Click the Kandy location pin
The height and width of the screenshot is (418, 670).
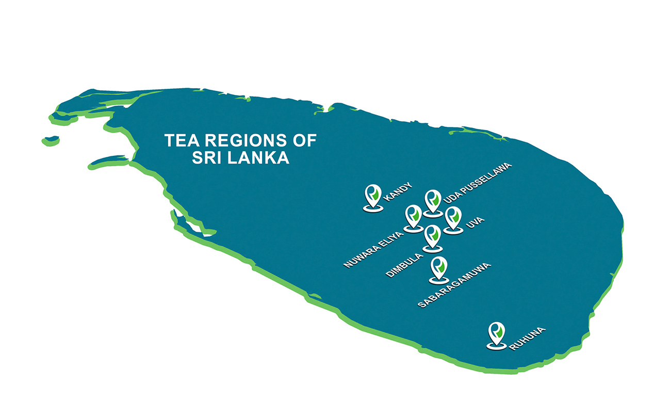click(372, 196)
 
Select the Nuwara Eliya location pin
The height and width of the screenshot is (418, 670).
click(413, 216)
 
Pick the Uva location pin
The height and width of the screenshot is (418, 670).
click(453, 218)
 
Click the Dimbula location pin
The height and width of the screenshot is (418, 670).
click(432, 236)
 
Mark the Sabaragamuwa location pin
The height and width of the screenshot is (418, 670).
click(438, 268)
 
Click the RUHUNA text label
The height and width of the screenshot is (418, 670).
click(527, 339)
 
